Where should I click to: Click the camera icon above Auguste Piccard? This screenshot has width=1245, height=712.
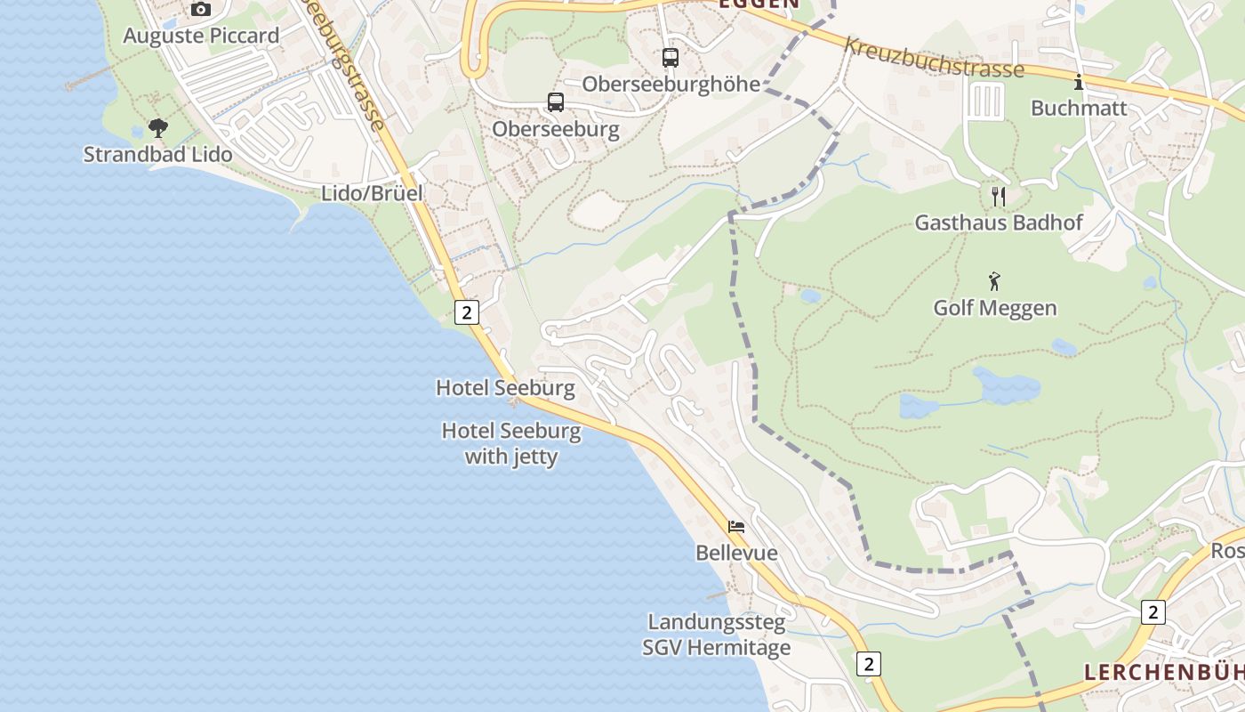201,10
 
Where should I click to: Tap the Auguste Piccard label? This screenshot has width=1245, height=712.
201,36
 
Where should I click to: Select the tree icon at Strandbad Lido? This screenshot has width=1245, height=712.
158,128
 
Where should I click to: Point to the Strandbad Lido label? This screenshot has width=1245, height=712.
157,154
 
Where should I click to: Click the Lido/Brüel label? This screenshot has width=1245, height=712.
372,193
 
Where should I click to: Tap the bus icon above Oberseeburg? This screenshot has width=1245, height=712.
556,102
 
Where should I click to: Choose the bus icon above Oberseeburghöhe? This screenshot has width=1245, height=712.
671,58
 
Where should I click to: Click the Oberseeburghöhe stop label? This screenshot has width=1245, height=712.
671,84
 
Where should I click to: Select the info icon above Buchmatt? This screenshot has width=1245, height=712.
1079,83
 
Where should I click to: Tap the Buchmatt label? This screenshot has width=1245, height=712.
1079,109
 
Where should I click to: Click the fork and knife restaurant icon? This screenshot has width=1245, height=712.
999,196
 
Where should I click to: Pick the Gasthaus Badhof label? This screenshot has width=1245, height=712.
999,222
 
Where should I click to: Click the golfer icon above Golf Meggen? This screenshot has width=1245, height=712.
994,282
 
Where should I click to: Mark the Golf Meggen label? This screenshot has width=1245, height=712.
995,308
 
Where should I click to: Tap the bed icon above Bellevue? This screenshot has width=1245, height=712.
736,527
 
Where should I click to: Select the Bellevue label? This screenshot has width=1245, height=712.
736,553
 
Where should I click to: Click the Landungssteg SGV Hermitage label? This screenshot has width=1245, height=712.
717,635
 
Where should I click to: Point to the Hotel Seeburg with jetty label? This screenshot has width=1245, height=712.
511,444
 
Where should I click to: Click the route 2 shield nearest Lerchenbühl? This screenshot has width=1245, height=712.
1153,612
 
